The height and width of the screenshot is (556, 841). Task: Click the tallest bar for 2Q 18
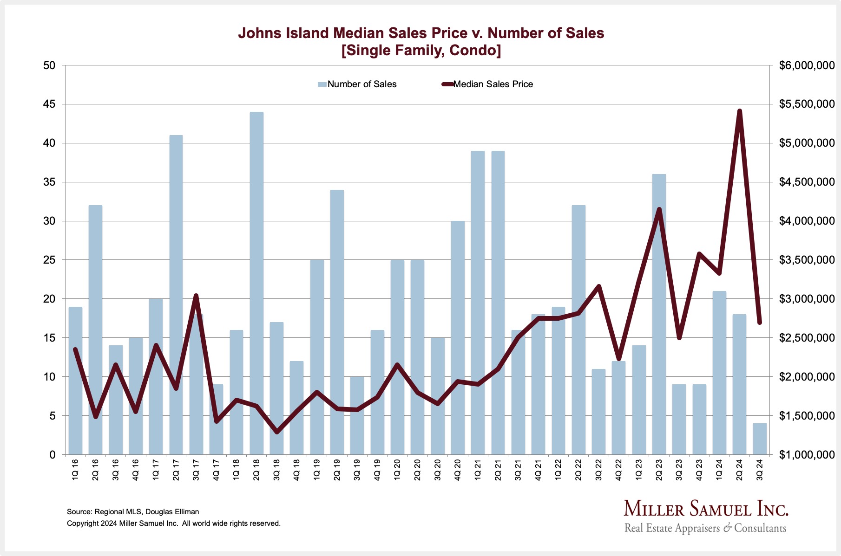(256, 283)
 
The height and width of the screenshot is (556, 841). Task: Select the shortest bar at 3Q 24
(760, 439)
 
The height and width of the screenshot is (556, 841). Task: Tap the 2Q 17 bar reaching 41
(176, 295)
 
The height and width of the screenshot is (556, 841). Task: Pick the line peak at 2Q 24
(740, 111)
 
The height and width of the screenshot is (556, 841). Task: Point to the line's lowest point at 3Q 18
(277, 432)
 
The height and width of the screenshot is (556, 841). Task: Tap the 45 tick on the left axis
(49, 104)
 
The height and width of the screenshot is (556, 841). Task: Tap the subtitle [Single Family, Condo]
(421, 50)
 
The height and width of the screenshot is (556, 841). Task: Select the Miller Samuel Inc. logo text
(706, 509)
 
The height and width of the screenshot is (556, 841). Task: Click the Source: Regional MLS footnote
(133, 512)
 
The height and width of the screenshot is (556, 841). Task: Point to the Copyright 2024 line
(174, 524)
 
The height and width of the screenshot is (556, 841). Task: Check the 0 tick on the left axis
(52, 455)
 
